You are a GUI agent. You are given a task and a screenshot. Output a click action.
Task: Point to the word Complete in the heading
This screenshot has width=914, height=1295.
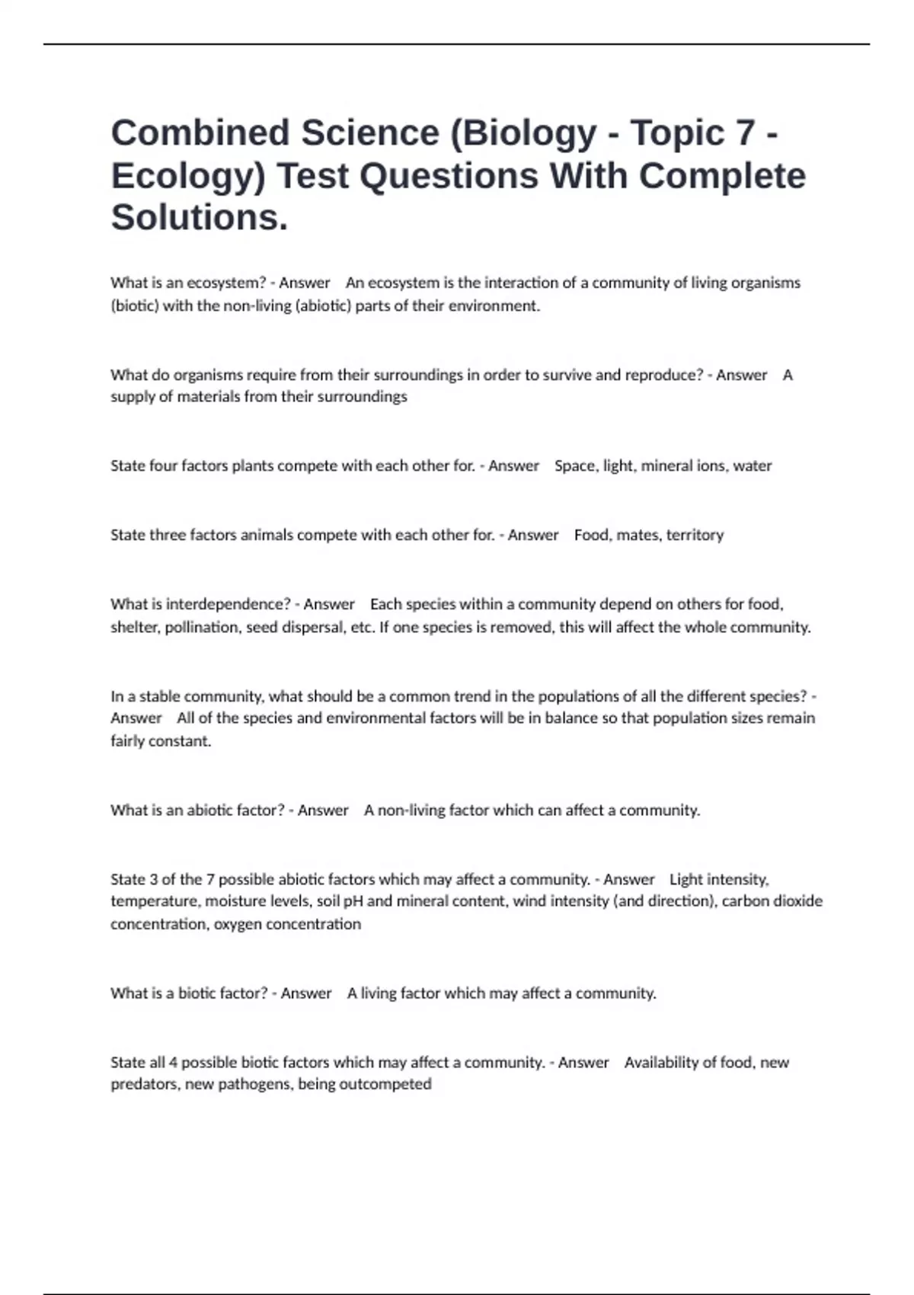[x=722, y=177]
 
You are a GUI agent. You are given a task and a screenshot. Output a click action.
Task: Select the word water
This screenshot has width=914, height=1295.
[x=753, y=466]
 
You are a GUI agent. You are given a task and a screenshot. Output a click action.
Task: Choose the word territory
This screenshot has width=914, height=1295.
[x=695, y=536]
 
